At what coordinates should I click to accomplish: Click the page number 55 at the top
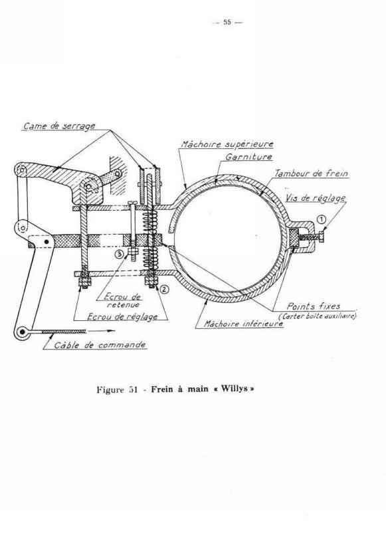(x=227, y=23)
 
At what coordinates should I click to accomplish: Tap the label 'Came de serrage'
(x=59, y=126)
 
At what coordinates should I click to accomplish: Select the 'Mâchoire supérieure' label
(x=227, y=144)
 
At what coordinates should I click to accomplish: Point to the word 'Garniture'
(x=249, y=157)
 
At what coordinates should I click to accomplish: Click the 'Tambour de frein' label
(x=312, y=173)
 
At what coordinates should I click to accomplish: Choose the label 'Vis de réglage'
(x=316, y=198)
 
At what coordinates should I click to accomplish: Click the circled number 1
(x=322, y=219)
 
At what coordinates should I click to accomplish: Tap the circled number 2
(x=164, y=289)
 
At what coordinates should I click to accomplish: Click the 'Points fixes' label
(x=314, y=306)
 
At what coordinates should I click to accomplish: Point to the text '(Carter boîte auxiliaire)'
(x=318, y=316)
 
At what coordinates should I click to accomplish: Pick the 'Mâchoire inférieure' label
(x=243, y=323)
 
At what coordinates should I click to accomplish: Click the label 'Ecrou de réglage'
(x=122, y=316)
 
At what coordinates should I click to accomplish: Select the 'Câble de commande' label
(x=100, y=345)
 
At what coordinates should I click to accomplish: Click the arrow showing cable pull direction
(x=101, y=330)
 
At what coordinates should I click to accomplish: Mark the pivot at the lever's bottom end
(x=22, y=332)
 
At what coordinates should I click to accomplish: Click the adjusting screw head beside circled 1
(x=321, y=237)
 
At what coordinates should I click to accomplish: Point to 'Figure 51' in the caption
(x=117, y=389)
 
